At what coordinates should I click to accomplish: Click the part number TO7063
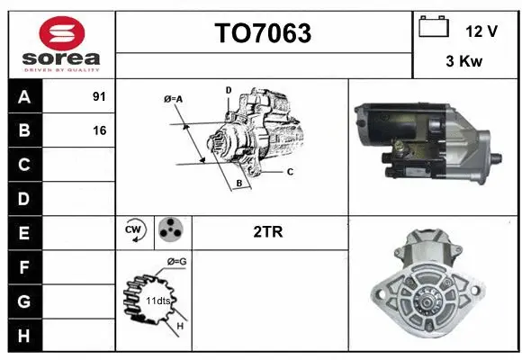tap(263, 33)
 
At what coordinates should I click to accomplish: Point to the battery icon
tap(434, 27)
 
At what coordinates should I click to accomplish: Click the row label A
tap(24, 96)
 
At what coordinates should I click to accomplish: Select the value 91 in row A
tap(99, 96)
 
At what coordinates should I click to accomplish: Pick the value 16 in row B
tap(99, 130)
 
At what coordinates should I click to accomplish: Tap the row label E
tap(24, 233)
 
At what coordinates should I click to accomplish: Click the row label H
tap(24, 335)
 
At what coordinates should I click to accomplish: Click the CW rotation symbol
tap(133, 231)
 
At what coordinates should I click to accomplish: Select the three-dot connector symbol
tap(168, 231)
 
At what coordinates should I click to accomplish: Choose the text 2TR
tap(269, 232)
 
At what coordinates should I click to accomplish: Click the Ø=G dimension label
tap(177, 262)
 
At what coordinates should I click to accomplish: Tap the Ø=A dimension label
tap(174, 98)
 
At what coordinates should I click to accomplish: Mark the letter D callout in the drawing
tap(229, 90)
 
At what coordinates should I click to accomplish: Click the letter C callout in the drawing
tap(290, 171)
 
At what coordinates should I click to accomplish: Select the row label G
tap(24, 301)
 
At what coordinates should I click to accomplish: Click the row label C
tap(24, 165)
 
